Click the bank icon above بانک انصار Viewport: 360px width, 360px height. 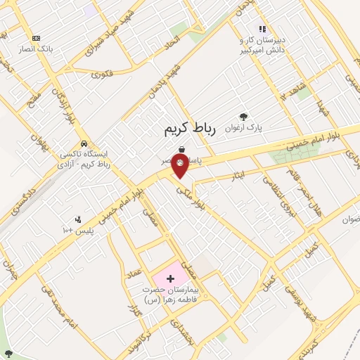(36, 38)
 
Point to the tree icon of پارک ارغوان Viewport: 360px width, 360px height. (243, 117)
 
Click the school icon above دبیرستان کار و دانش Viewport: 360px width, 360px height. (262, 29)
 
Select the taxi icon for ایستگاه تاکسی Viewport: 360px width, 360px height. (84, 144)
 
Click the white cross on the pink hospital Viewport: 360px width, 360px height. (170, 278)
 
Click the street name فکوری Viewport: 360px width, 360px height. (102, 72)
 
